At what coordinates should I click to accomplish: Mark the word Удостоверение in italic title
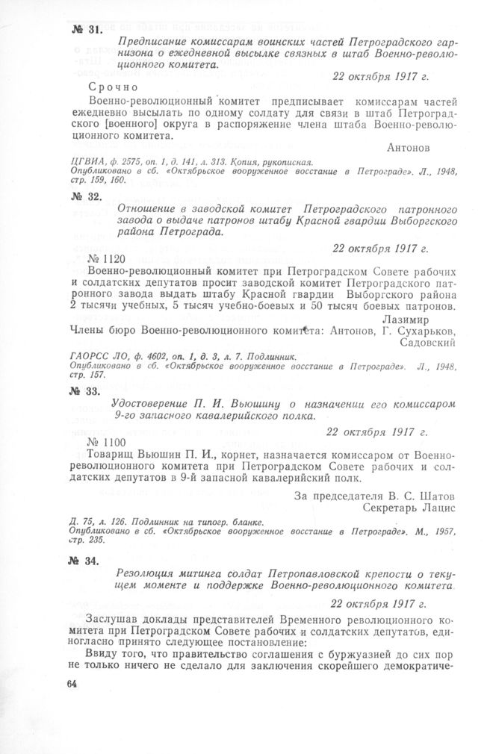pos(157,405)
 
